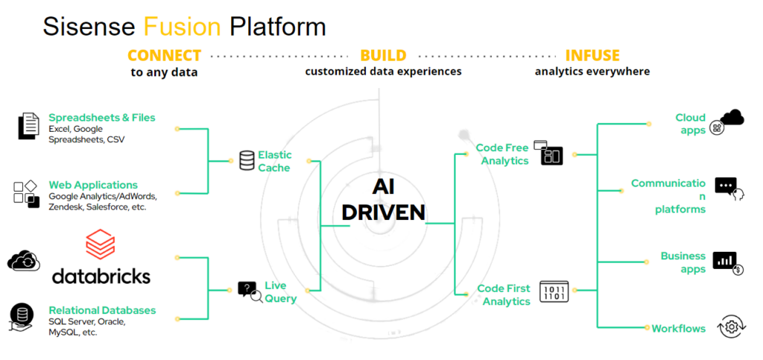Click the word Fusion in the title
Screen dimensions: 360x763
(x=182, y=27)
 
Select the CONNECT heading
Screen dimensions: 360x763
(x=164, y=56)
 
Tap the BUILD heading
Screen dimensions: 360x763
(x=383, y=56)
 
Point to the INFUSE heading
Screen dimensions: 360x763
(x=592, y=56)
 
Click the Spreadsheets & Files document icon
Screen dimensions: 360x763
(x=28, y=126)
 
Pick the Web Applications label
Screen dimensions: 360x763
(x=93, y=185)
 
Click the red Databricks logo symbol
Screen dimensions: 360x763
(x=100, y=244)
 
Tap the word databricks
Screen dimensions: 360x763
(x=101, y=276)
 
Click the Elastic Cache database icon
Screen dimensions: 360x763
(x=247, y=160)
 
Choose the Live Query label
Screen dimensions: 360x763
(x=280, y=292)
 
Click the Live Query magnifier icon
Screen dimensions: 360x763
(x=249, y=291)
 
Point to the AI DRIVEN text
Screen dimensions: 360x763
(x=383, y=200)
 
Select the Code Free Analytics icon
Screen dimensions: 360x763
(x=551, y=153)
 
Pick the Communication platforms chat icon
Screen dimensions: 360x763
(x=726, y=188)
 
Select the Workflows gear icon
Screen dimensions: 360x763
(x=731, y=326)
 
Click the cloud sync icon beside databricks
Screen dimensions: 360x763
(x=23, y=260)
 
